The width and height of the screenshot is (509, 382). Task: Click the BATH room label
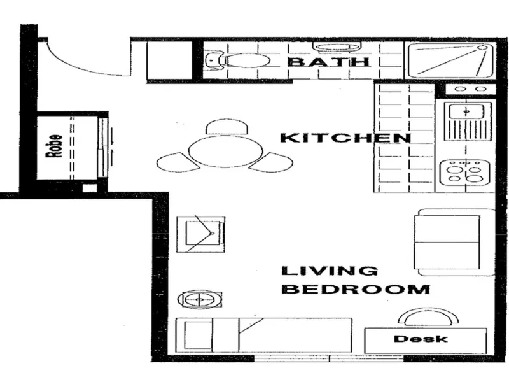(328, 61)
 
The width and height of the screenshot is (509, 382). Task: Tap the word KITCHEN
(345, 138)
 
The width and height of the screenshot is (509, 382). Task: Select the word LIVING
(330, 271)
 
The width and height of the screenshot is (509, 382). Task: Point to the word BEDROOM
(356, 289)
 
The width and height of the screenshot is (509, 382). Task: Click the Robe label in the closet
(54, 146)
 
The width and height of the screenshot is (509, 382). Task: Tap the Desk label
(421, 339)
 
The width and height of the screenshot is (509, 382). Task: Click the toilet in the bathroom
(239, 60)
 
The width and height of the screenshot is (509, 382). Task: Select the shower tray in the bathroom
(450, 60)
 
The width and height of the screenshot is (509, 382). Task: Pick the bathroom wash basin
(337, 47)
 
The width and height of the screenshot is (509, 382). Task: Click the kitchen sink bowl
(466, 112)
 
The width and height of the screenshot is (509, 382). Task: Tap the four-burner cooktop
(464, 173)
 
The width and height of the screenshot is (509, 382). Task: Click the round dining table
(226, 152)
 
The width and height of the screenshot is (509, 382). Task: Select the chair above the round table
(227, 127)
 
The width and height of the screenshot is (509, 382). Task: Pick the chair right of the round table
(272, 162)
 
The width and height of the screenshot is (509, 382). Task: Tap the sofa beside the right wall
(454, 243)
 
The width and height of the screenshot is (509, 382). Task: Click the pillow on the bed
(198, 336)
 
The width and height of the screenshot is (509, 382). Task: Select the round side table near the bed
(199, 299)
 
